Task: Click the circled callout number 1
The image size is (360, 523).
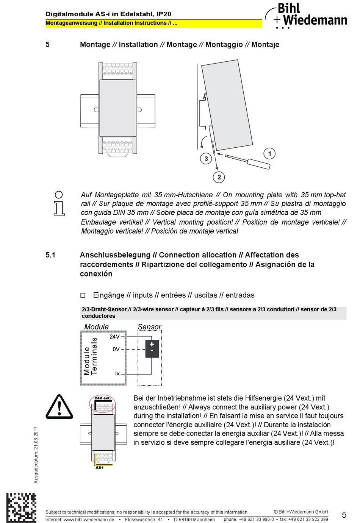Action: coord(269,153)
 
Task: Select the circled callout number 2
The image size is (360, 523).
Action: coord(219,177)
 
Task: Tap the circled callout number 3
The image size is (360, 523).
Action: coord(206,158)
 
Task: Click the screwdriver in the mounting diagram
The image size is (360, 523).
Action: coord(248,161)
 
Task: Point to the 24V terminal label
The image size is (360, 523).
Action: coord(114,336)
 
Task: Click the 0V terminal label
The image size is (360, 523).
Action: coord(116,349)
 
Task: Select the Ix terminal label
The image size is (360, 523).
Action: coord(117,373)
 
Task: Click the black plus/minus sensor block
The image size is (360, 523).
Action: coord(152,349)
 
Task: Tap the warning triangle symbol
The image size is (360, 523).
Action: coord(59,407)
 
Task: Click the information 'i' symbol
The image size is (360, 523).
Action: coord(59,203)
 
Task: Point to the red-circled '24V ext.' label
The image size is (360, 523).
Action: coord(103,398)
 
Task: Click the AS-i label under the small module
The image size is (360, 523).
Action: coord(99,467)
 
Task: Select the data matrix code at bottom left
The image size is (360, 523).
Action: coord(21,507)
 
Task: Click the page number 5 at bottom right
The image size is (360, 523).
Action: coord(344,515)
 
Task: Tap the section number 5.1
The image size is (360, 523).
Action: coord(50,255)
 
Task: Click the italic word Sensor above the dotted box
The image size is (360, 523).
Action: coord(149,326)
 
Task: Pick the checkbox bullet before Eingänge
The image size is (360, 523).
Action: coord(83,295)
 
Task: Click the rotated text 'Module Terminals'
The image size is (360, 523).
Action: coord(91,356)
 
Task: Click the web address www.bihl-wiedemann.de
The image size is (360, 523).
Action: coord(89,519)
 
